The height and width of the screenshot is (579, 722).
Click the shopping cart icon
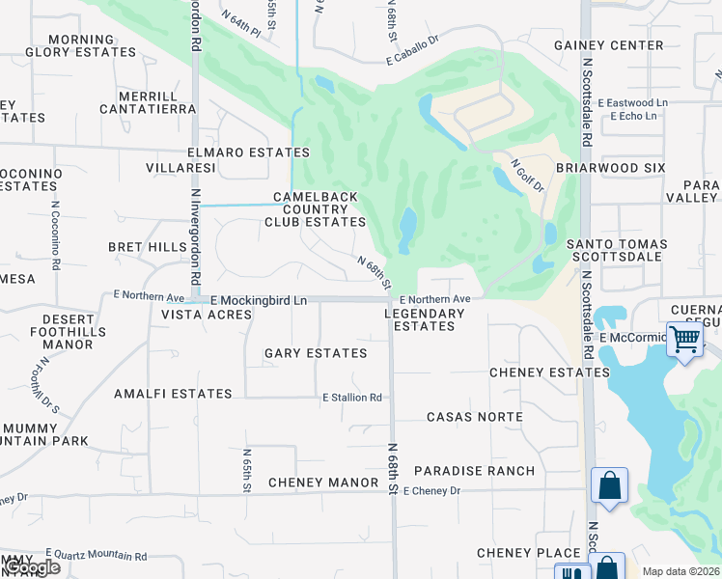coord(684,340)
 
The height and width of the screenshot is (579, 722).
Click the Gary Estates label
coord(316,353)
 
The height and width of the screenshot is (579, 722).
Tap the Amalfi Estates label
coord(173,394)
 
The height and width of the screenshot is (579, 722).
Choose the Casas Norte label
coord(475,417)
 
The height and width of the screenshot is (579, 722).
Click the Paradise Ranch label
coord(474,471)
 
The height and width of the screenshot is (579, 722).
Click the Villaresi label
coord(180,168)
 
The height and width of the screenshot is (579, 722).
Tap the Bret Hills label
coord(148,247)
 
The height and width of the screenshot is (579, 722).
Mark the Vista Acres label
coord(200,315)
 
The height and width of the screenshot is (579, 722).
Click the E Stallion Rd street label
coord(352,398)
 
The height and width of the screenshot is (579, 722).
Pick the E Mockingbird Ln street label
coord(259,301)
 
